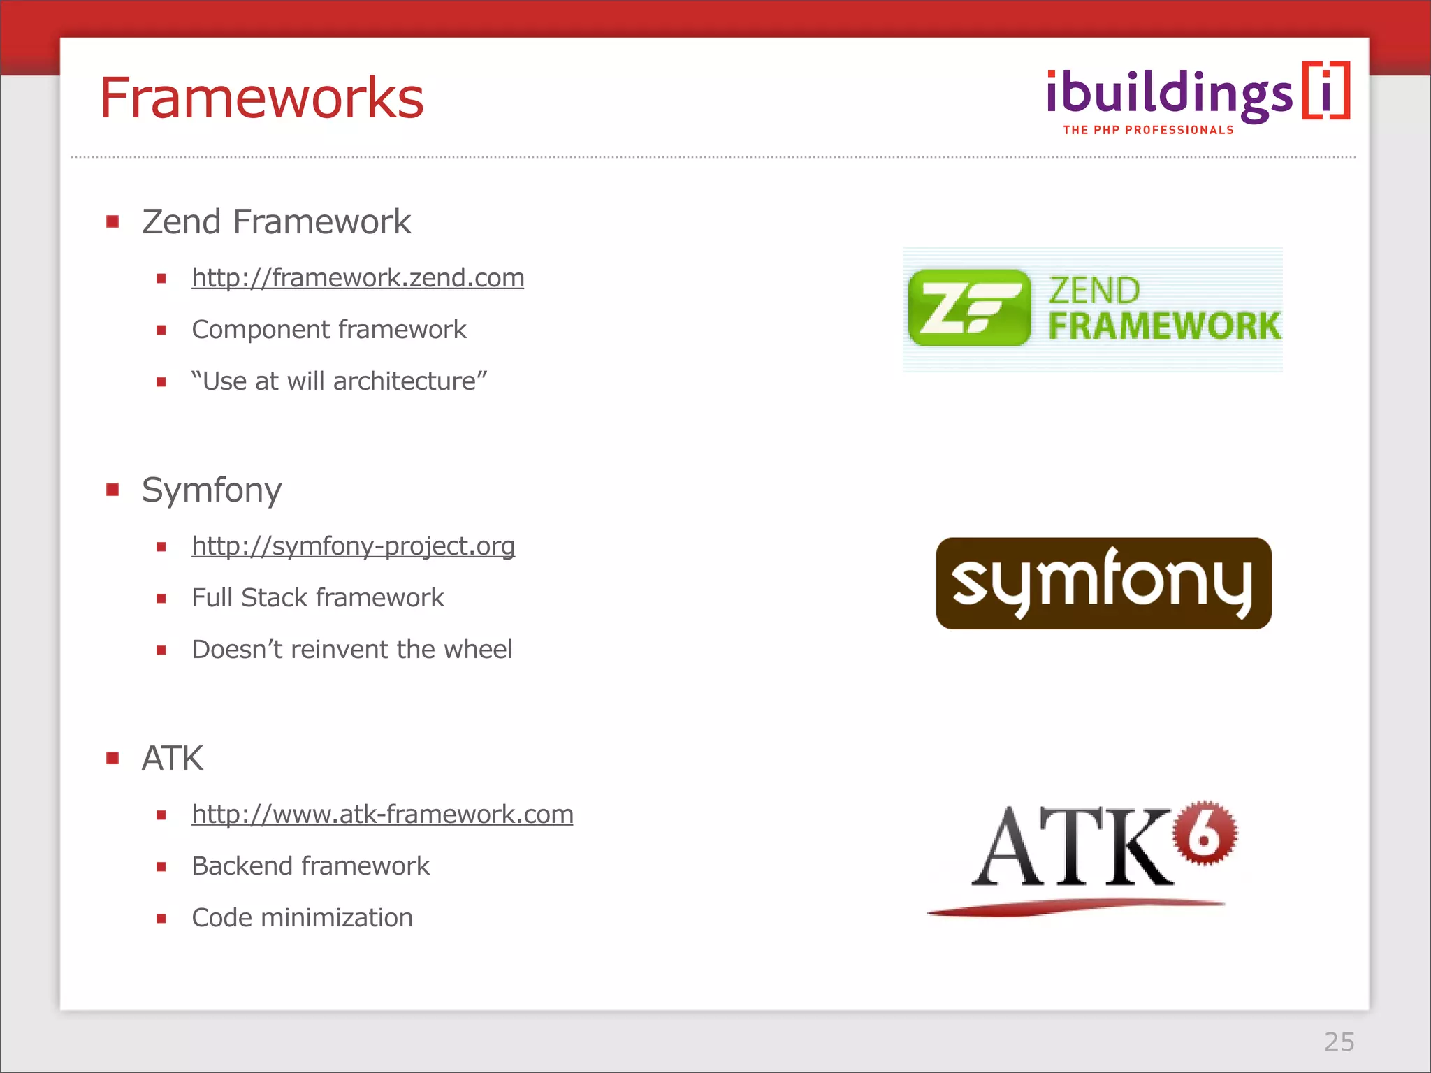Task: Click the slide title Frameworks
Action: tap(262, 98)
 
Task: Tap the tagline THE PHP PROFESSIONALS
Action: tap(1148, 131)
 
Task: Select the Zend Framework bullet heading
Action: tap(276, 222)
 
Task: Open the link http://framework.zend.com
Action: tap(358, 278)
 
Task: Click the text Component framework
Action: tap(328, 330)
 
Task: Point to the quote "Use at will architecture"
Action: tap(340, 381)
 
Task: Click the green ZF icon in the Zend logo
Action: tap(969, 308)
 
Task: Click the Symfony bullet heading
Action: tap(212, 490)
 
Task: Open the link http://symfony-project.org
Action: tap(353, 546)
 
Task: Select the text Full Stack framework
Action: tap(318, 598)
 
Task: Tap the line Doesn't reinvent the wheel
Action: tap(352, 650)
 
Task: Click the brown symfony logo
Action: tap(1103, 583)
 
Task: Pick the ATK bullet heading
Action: tap(173, 759)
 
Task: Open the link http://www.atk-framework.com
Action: tap(382, 815)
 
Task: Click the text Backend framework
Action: tap(311, 866)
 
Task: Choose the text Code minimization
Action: tap(302, 918)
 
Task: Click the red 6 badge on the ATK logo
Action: tap(1205, 833)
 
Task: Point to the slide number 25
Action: tap(1339, 1042)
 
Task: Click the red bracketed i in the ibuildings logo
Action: tap(1326, 92)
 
